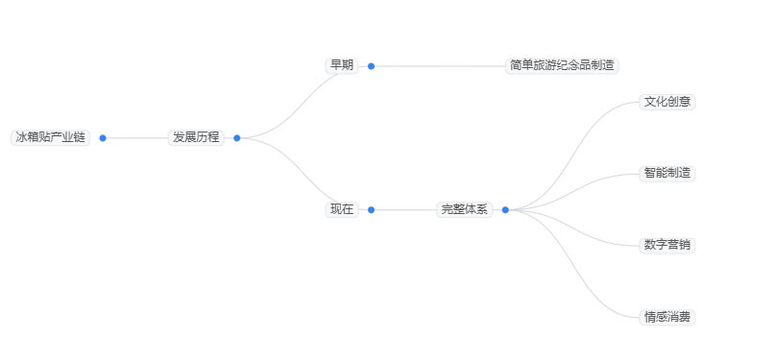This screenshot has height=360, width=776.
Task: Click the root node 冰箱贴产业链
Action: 50,137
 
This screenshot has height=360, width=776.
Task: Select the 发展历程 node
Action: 196,137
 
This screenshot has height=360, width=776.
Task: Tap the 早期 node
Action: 342,65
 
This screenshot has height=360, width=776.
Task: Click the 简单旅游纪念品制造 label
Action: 563,65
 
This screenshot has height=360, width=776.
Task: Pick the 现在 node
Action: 342,209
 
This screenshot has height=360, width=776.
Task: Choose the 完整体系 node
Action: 465,209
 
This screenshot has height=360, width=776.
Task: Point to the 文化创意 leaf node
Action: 667,101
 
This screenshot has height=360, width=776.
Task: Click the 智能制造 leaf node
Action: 667,173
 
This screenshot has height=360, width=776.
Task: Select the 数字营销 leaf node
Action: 667,245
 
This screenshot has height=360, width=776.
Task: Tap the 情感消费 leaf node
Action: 667,317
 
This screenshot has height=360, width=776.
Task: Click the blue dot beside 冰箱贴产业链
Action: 103,137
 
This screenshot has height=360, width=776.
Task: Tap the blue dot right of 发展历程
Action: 237,137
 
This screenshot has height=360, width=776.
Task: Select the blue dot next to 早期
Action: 372,66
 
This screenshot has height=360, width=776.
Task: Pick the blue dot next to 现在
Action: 372,209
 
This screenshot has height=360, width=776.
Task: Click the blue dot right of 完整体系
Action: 505,209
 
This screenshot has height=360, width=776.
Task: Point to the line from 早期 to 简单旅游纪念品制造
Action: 438,66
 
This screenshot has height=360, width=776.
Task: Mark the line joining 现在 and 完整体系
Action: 403,209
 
